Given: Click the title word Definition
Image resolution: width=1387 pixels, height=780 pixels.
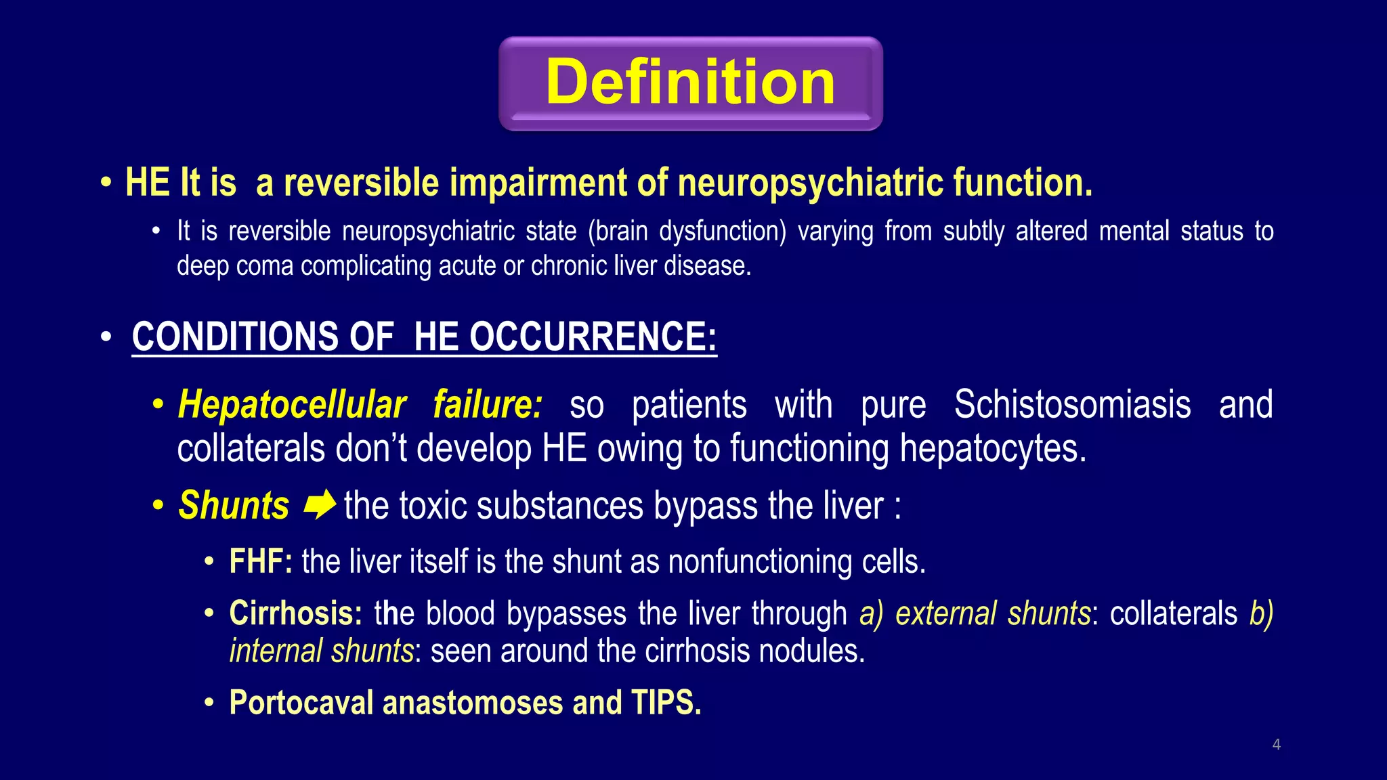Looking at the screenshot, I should (690, 82).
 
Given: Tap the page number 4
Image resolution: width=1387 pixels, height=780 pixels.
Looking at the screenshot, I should (1276, 745).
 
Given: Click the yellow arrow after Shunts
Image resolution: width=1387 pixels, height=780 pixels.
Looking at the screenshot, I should (319, 504).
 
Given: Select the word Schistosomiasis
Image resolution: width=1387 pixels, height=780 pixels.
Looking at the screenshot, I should (1072, 405).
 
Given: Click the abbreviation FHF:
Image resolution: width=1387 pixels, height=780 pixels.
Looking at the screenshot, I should (261, 561).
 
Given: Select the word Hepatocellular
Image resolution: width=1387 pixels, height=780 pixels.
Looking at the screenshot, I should (292, 405).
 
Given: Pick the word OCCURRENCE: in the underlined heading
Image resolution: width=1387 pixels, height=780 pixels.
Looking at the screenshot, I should (593, 337).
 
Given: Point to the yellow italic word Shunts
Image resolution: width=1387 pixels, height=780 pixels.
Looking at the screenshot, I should (234, 505).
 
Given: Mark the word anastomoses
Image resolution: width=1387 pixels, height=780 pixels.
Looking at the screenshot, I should (473, 702).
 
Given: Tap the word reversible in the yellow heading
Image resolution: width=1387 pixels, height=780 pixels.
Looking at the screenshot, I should (362, 183).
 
